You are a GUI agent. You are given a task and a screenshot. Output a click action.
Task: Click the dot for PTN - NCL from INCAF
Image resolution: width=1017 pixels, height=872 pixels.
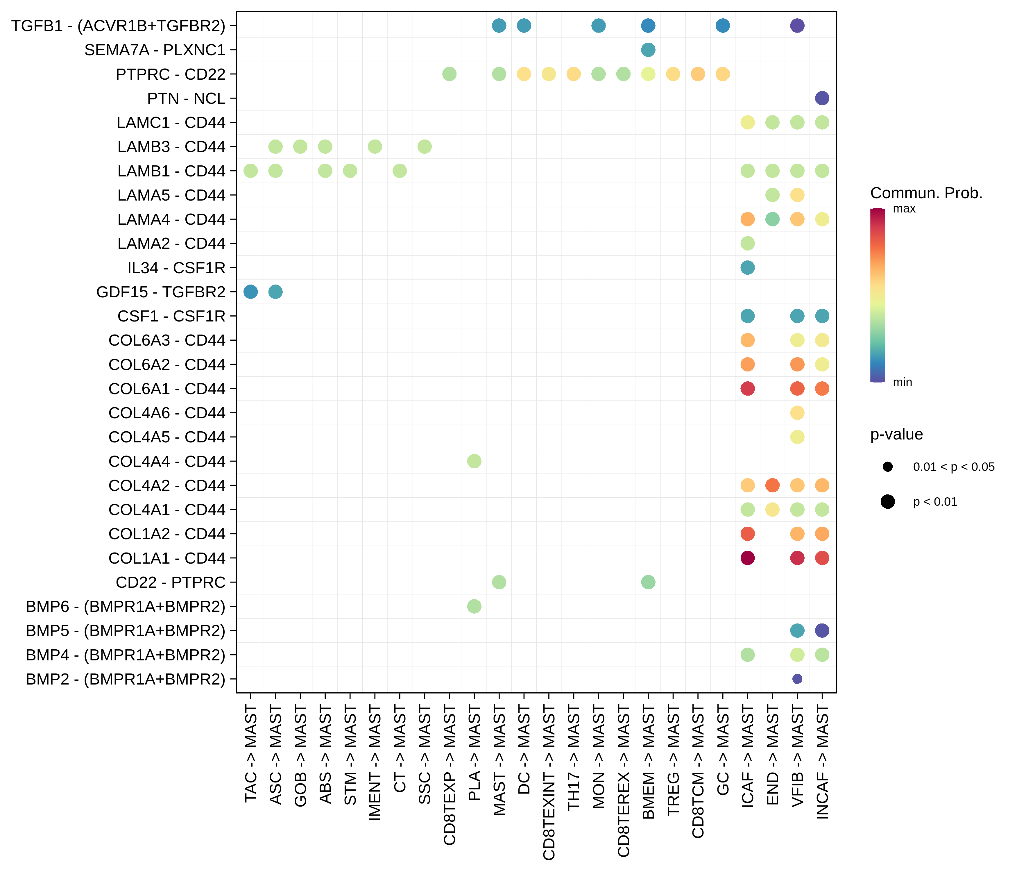coord(822,98)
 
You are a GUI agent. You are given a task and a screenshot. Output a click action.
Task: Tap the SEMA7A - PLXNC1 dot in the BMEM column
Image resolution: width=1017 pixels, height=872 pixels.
coord(648,50)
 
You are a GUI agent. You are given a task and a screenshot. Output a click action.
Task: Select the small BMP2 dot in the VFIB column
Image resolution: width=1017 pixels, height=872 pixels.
coord(797,678)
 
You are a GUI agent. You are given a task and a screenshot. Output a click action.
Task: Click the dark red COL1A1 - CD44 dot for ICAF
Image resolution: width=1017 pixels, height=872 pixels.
coord(747,558)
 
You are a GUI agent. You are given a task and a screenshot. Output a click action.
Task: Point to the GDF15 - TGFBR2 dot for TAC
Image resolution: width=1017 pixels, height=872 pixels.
coord(250,292)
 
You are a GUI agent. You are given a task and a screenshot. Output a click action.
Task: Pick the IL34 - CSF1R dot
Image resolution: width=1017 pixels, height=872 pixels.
coord(747,268)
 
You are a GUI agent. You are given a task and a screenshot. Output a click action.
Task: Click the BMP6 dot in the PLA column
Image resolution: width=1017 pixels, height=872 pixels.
coord(474,606)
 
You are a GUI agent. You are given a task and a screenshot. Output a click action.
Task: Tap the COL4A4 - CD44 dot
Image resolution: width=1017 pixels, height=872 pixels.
coord(474,461)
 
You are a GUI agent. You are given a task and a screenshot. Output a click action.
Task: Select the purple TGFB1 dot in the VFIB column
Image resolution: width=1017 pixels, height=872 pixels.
coord(797,26)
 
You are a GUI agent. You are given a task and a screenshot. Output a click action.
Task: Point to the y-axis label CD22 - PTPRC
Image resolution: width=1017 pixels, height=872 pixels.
coord(170,582)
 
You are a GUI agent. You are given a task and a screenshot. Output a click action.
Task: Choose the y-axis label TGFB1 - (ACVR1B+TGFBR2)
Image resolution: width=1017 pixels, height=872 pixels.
coord(118,26)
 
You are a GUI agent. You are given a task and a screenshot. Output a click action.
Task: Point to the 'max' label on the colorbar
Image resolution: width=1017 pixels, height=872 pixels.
coord(904,209)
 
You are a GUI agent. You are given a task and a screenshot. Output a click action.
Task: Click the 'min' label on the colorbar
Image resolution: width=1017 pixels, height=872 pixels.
coord(902,382)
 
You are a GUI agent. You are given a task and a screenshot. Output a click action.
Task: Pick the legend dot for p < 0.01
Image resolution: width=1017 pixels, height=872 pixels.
coord(887,501)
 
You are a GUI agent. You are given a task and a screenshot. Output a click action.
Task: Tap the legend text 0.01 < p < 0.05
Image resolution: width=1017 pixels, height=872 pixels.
coord(953,467)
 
